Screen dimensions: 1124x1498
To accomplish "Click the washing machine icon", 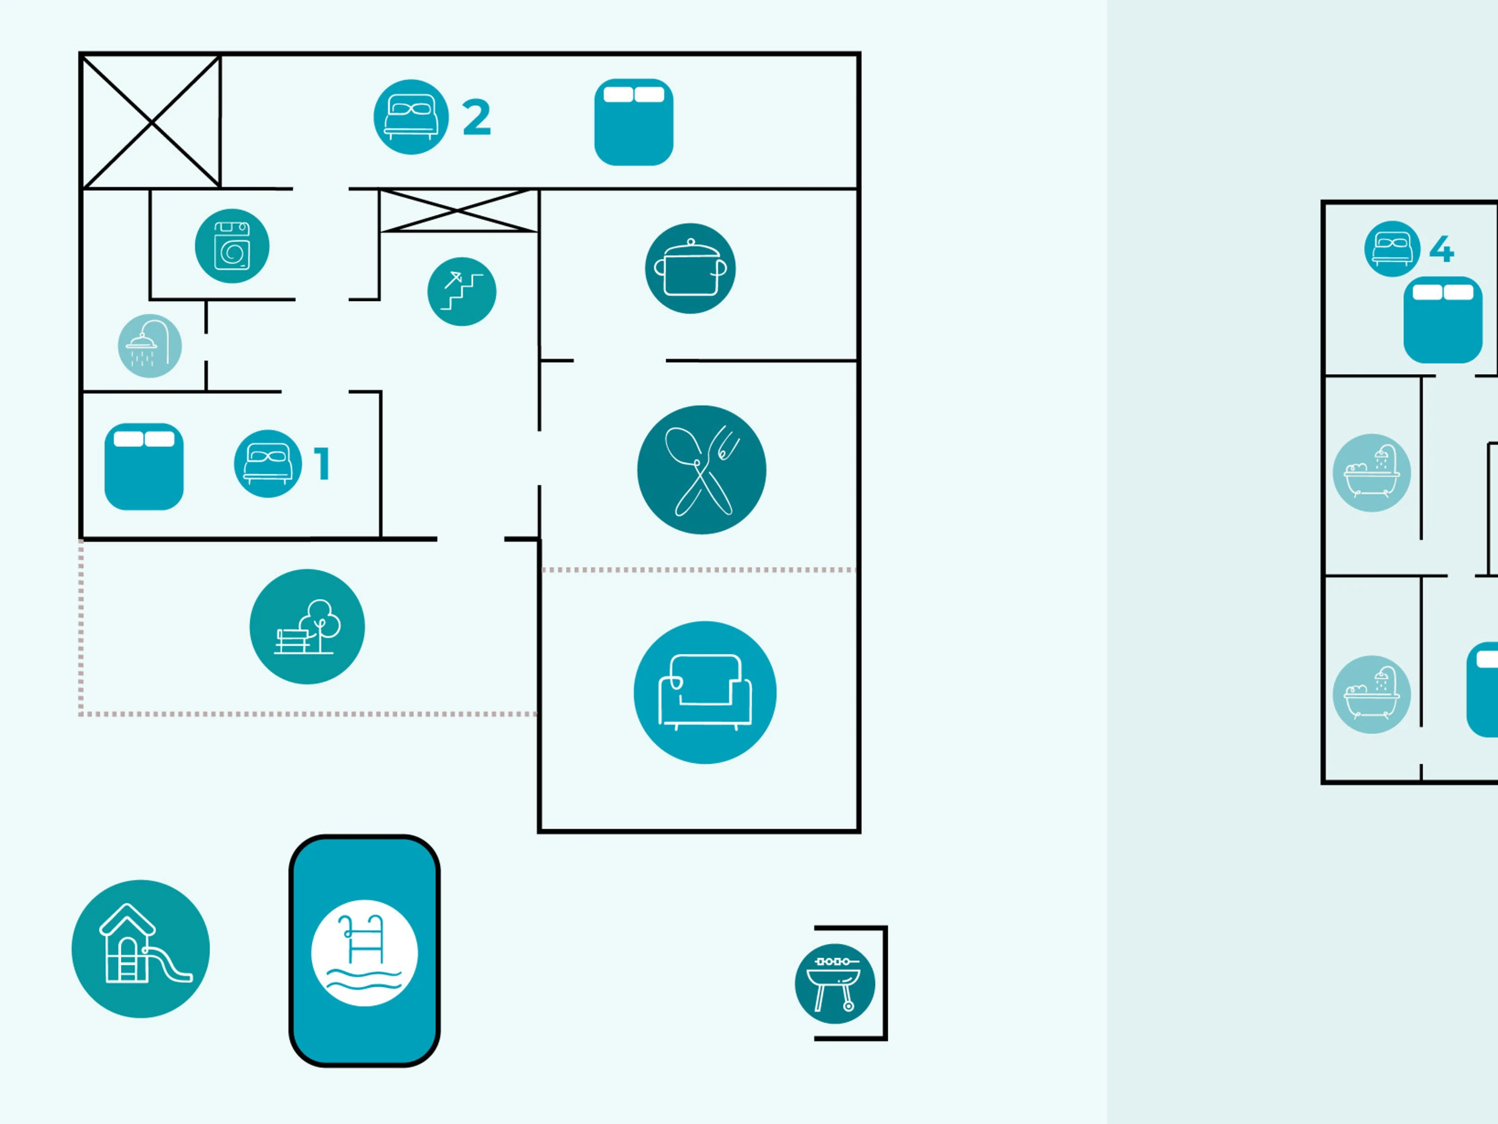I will point(232,246).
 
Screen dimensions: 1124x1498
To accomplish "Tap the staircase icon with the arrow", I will point(462,292).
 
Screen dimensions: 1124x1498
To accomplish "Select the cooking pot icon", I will point(690,269).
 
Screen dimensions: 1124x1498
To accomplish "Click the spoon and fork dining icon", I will point(702,470).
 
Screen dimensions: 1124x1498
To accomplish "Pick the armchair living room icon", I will point(705,693).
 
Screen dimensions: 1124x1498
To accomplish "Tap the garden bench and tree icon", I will point(307,627).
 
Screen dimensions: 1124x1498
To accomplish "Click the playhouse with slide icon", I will point(141,949).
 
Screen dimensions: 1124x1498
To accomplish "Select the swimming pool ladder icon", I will point(365,952).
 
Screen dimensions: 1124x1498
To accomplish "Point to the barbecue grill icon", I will point(835,983).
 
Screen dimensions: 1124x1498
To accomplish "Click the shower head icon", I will point(150,345).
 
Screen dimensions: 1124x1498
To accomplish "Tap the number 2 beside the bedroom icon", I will point(477,117).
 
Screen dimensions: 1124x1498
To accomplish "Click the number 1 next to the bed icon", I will point(322,464).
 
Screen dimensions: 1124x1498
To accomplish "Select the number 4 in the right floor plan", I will point(1442,249).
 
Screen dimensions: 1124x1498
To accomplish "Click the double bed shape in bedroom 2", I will point(633,122).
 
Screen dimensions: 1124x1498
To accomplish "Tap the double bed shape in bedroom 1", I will point(144,467).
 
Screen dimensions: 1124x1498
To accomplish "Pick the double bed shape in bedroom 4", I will point(1442,320).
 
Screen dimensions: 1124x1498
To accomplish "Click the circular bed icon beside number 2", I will point(411,117).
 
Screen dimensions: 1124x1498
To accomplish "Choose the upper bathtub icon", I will point(1371,472).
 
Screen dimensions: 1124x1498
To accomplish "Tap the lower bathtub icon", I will point(1371,694).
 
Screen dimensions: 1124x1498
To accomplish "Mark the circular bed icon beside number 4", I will point(1392,249).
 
